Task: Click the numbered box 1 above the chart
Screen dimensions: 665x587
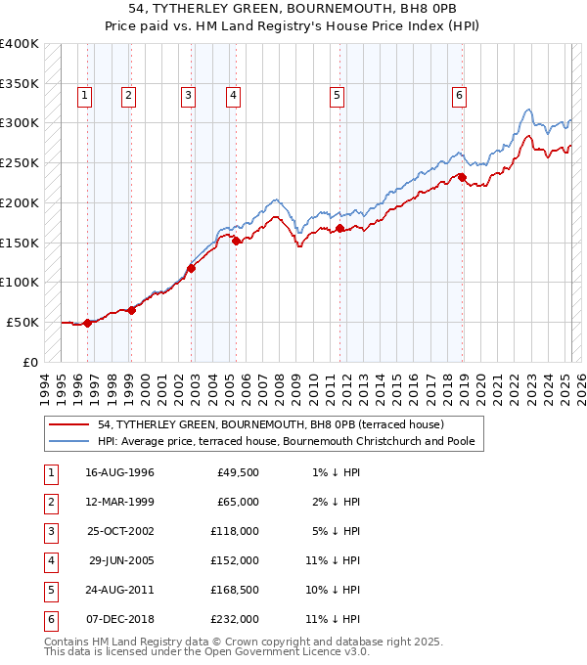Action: click(x=85, y=96)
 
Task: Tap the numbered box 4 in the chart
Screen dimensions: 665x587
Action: click(x=234, y=96)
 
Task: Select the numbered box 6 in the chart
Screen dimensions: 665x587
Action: click(x=459, y=96)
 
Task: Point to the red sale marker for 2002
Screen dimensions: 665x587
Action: click(x=192, y=268)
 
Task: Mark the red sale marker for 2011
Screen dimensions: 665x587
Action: click(x=340, y=228)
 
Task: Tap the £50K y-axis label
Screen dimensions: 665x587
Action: click(x=23, y=322)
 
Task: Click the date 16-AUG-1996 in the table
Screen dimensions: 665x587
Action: click(x=119, y=472)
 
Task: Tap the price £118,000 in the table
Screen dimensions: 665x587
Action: click(x=236, y=531)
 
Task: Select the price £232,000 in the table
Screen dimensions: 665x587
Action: click(x=236, y=619)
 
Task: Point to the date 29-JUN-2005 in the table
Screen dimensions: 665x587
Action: click(x=120, y=560)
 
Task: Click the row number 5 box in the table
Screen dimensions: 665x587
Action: click(x=49, y=590)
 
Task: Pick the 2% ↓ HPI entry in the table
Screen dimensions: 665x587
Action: click(x=339, y=502)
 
